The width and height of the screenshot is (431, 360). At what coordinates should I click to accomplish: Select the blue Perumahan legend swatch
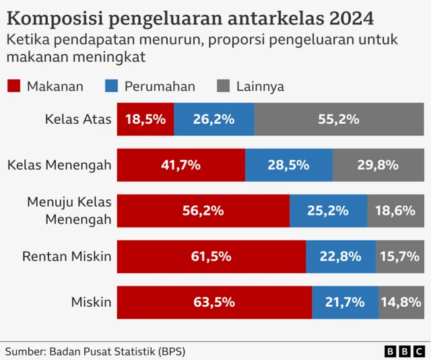coord(112,86)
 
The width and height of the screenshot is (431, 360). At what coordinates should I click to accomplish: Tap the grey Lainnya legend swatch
coord(224,86)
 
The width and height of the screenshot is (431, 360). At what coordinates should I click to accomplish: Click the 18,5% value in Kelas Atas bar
coord(145,120)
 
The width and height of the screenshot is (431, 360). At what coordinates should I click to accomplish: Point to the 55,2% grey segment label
coord(338,120)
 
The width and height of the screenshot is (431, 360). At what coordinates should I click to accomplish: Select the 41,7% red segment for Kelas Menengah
coord(181,165)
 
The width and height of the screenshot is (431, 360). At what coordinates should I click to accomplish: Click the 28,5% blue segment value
coord(288,165)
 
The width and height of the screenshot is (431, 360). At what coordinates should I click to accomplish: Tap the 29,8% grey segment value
coord(378,165)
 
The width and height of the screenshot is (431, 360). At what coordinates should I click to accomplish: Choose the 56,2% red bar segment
coord(203,211)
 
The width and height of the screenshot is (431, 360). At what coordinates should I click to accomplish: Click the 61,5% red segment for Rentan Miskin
coord(211,256)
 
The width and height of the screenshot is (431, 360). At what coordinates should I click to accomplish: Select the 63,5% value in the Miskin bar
coord(214,302)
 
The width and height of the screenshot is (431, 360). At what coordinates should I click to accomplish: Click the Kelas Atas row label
coord(77,120)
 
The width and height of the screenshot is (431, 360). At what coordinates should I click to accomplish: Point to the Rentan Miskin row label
coord(67,256)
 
